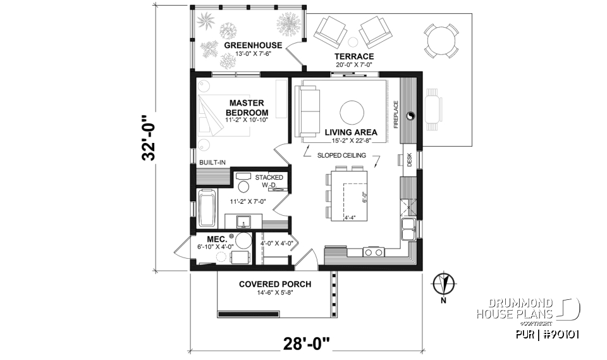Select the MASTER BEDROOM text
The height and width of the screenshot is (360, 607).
coord(246,108)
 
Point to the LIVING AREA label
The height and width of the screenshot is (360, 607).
coord(351,132)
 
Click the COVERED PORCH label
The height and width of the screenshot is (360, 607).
coord(274,284)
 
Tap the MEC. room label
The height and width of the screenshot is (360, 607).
coord(207,239)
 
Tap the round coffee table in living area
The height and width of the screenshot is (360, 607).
coord(352,113)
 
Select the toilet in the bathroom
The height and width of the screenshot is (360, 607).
coord(243,185)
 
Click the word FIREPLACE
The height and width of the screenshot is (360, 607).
coord(396,114)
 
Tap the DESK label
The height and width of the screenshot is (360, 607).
coord(409,162)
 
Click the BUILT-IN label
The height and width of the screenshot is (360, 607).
coord(212,163)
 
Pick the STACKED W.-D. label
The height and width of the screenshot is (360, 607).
coord(269,182)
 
